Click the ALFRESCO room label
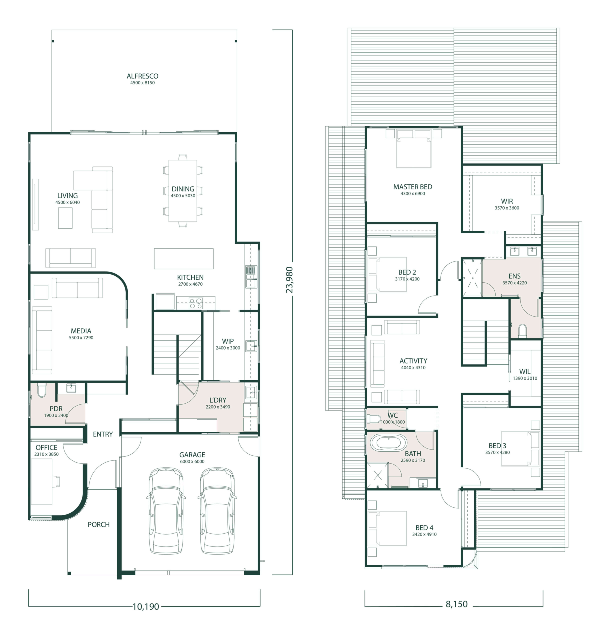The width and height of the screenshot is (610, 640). tap(142, 76)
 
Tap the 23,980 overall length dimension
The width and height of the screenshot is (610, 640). tap(289, 280)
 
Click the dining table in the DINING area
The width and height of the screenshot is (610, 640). tap(183, 190)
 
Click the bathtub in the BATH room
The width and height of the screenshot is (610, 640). tap(388, 442)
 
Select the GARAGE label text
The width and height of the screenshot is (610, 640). tap(192, 455)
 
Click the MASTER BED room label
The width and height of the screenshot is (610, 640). tap(413, 187)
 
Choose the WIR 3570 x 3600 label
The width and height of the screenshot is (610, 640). tap(507, 204)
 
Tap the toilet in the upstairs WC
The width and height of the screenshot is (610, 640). tap(373, 418)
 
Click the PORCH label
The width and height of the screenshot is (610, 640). tap(98, 524)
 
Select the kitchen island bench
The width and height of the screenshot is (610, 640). tap(184, 258)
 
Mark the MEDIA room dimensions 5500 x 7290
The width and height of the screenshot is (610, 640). tap(81, 337)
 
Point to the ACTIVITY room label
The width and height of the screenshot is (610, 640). tap(413, 361)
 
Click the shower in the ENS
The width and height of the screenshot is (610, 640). tap(472, 278)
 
